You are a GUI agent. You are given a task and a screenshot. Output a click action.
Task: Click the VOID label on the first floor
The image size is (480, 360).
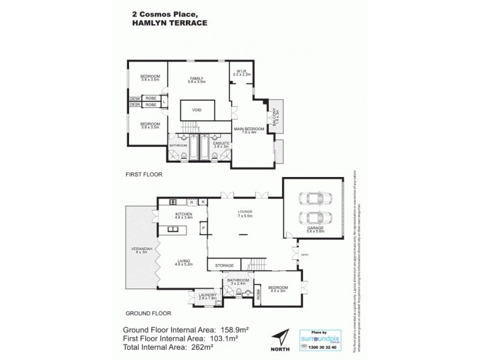tap(197, 110)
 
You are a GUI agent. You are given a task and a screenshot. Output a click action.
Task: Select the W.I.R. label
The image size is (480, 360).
tap(242, 71)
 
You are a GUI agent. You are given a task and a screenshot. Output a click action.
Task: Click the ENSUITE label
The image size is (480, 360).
tap(214, 143)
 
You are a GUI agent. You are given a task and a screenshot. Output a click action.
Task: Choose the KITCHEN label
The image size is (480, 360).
tap(183, 214)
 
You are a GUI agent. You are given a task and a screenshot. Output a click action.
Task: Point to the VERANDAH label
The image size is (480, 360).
tap(141, 248)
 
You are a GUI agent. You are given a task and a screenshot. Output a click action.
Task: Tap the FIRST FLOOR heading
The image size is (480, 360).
tap(144, 175)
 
